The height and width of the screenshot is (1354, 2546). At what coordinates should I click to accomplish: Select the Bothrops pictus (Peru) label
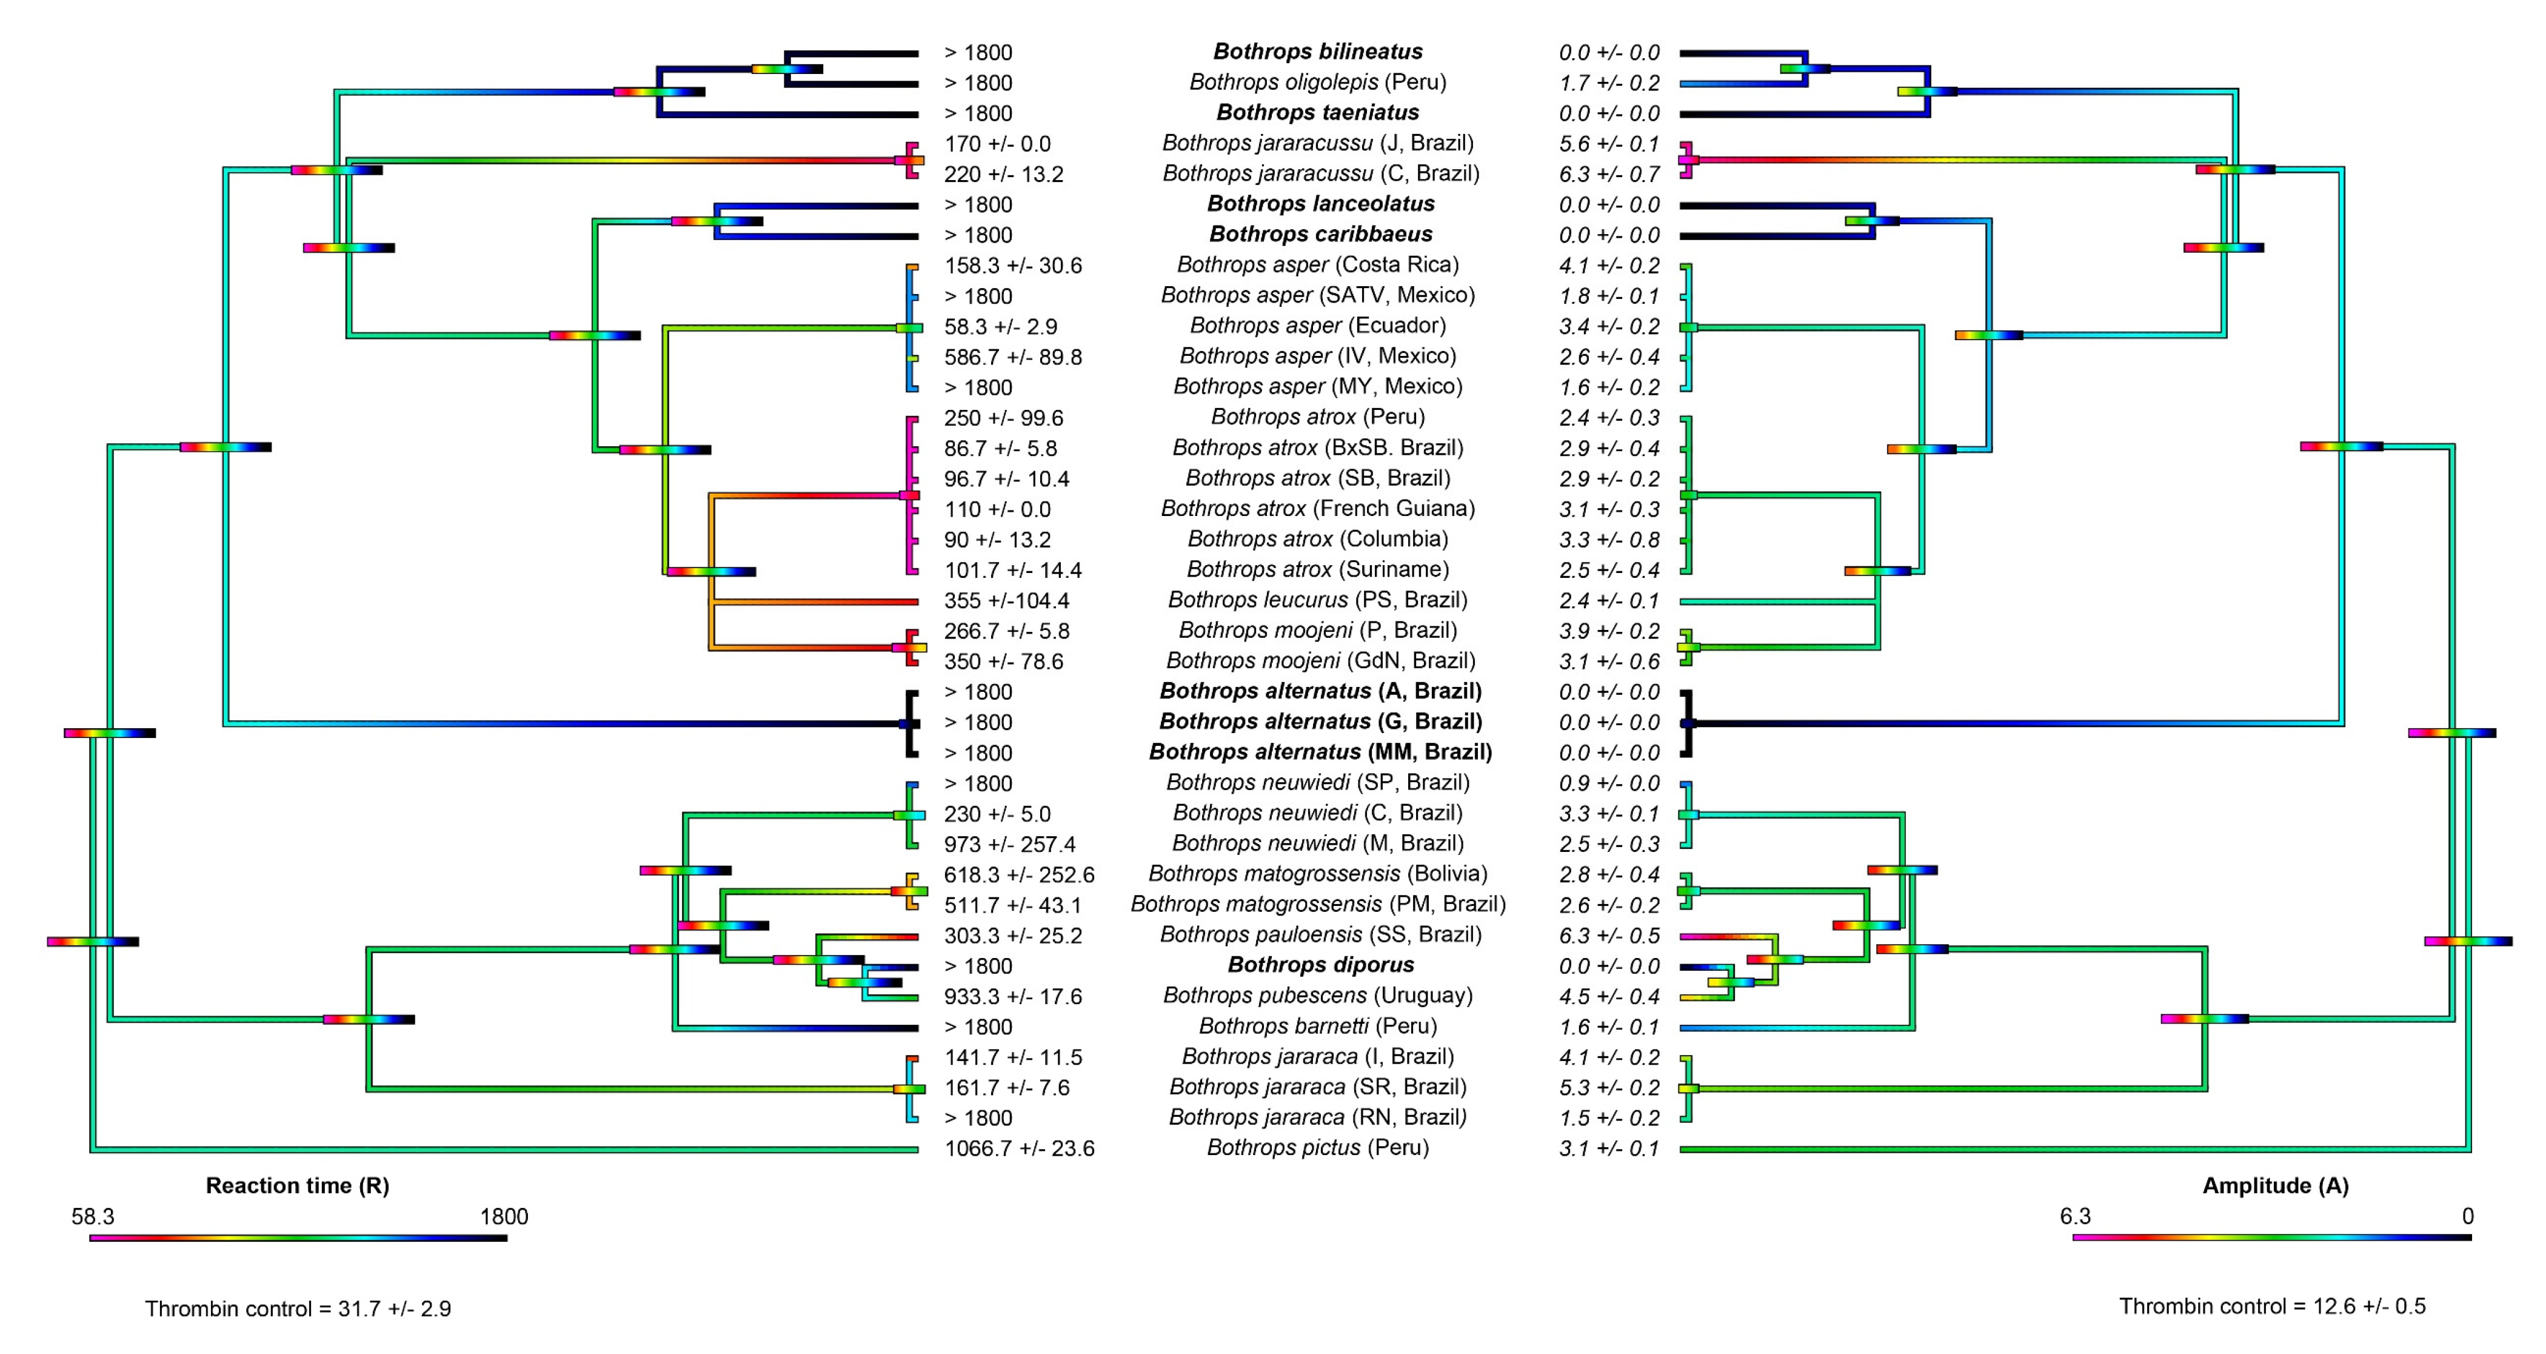(1317, 1147)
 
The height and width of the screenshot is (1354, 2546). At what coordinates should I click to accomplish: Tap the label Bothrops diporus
(1320, 965)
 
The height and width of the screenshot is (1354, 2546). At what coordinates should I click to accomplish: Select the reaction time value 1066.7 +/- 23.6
(1019, 1148)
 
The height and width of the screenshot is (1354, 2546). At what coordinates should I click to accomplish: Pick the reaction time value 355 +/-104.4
(1006, 601)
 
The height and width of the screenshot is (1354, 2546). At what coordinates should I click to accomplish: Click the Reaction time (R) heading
(298, 1185)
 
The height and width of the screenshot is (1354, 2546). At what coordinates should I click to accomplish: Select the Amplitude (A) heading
(2275, 1185)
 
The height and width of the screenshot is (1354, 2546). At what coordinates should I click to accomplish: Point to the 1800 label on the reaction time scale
(504, 1216)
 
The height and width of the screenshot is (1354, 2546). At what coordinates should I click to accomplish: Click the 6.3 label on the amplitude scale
(2076, 1216)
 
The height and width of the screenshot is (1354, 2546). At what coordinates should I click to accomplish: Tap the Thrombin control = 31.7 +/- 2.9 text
(298, 1309)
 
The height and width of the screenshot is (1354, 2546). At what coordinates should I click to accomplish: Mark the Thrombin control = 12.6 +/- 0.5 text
(2272, 1307)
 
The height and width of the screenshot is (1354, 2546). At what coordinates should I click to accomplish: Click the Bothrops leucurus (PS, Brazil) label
(1317, 600)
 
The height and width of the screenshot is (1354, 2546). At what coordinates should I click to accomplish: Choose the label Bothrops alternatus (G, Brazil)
(1320, 722)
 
